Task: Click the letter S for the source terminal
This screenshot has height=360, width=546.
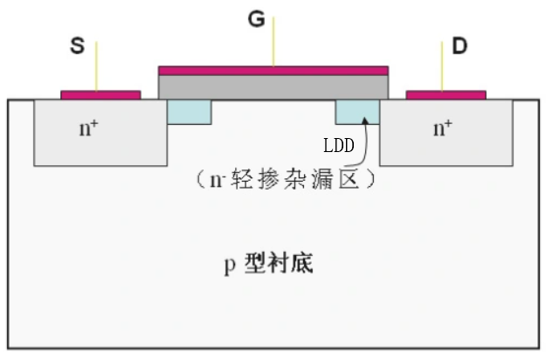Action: click(77, 46)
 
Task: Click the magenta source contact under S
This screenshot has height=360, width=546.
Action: click(100, 94)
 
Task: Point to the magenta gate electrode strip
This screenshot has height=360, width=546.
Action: click(273, 70)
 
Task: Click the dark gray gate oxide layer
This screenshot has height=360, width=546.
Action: click(273, 86)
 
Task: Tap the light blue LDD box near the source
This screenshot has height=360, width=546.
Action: click(189, 110)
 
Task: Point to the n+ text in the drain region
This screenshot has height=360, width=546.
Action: click(444, 128)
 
